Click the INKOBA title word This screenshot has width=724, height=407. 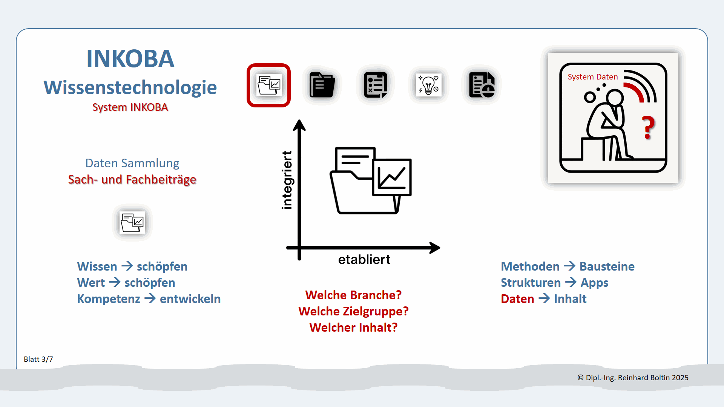[x=130, y=59]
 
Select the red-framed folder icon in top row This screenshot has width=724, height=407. [x=268, y=85]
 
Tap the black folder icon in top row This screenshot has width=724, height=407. [x=322, y=85]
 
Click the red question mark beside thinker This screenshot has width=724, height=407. [x=648, y=127]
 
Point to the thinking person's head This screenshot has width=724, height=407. [x=615, y=98]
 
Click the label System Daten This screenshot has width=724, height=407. [x=592, y=77]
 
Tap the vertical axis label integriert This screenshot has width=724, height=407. [x=287, y=180]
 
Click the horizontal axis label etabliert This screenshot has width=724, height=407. [x=364, y=260]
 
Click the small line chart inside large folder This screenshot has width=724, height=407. [x=392, y=177]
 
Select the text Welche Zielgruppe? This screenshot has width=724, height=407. [x=353, y=311]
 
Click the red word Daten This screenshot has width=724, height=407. [x=517, y=299]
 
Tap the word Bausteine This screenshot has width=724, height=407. [x=607, y=266]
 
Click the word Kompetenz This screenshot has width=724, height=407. [x=109, y=299]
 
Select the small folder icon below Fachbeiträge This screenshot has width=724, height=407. [x=132, y=222]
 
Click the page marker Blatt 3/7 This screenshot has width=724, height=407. [x=38, y=359]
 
